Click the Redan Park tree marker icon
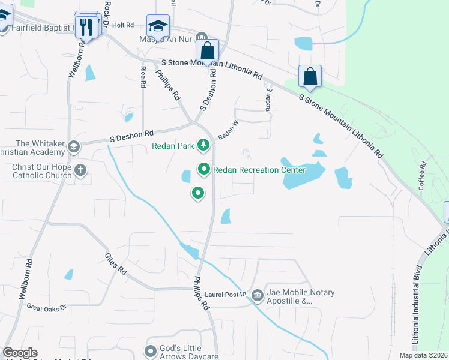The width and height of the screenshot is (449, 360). pos(204,145)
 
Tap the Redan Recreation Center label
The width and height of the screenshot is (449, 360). pos(259,170)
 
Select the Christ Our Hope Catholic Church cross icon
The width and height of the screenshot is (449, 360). pos(80,170)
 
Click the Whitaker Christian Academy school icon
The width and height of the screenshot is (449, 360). pos(73,147)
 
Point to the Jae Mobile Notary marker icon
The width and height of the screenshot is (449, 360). pos(258,296)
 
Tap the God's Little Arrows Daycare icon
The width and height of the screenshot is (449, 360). pos(151,350)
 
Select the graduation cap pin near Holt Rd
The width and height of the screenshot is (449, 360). pos(158,26)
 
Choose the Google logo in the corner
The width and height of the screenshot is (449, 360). pos(20,353)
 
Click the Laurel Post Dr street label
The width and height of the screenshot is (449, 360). pos(226,294)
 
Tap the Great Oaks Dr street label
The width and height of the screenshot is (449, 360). pos(46,307)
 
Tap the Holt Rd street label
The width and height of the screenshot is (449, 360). pos(122,25)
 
